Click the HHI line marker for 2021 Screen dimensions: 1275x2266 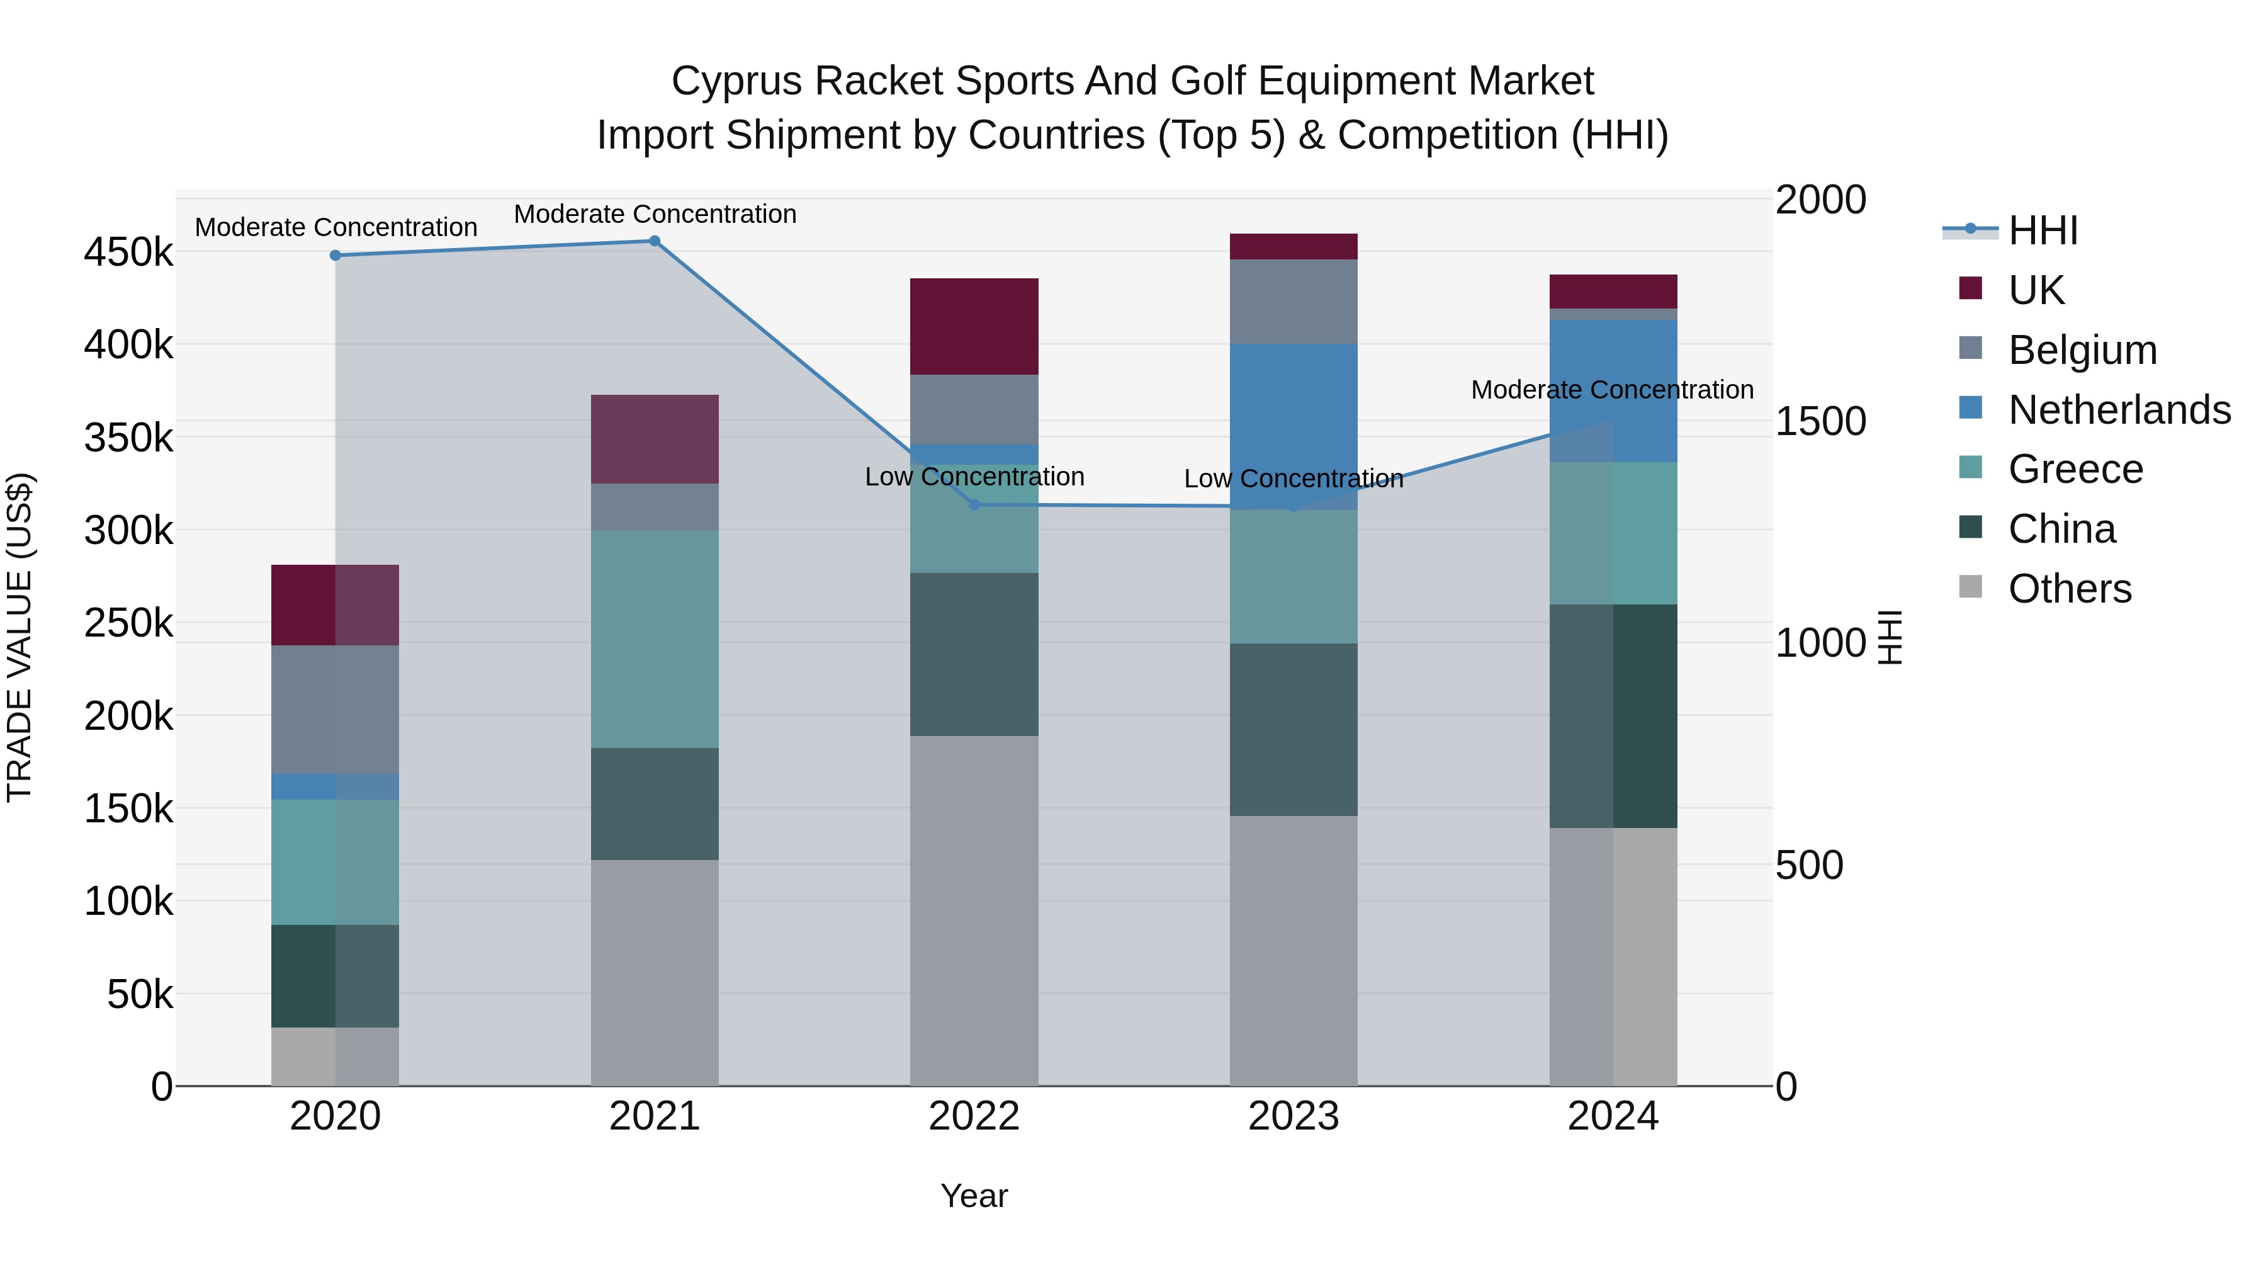[x=655, y=241]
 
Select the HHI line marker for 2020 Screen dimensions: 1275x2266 [x=335, y=255]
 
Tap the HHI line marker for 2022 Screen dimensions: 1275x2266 [x=974, y=504]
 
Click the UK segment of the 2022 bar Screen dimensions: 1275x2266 [x=974, y=326]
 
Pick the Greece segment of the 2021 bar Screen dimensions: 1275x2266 [x=655, y=639]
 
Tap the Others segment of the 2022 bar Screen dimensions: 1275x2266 [x=974, y=910]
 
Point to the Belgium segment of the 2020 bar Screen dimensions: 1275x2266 [x=335, y=709]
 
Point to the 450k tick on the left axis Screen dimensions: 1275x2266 [x=128, y=253]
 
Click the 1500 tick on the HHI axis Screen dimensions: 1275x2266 [x=1820, y=421]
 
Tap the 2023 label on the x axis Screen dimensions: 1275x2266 [x=1293, y=1116]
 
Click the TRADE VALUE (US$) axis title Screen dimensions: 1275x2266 [x=20, y=637]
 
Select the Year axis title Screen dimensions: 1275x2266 [x=974, y=1196]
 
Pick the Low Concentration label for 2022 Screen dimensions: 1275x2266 [x=974, y=477]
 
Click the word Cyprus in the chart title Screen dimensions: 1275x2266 [x=736, y=81]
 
